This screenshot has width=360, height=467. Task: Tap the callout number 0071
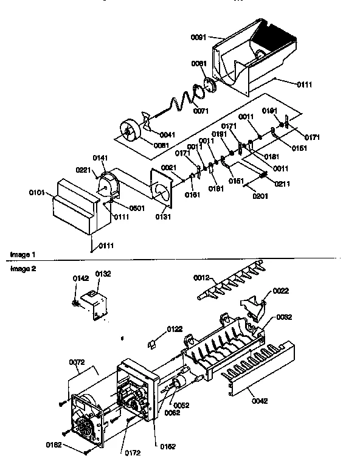click(201, 111)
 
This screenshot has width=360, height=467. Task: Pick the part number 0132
click(103, 274)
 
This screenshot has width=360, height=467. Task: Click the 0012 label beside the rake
click(201, 277)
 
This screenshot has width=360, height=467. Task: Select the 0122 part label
click(174, 329)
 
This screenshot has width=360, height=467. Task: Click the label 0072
click(77, 362)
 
